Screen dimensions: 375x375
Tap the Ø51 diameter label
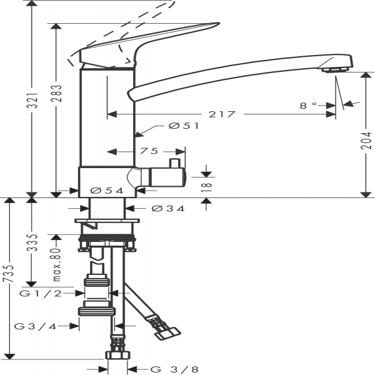(x=184, y=126)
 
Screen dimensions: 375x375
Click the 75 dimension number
(x=148, y=151)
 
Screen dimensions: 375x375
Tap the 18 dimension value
(x=207, y=186)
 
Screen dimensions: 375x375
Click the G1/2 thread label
(x=47, y=292)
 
